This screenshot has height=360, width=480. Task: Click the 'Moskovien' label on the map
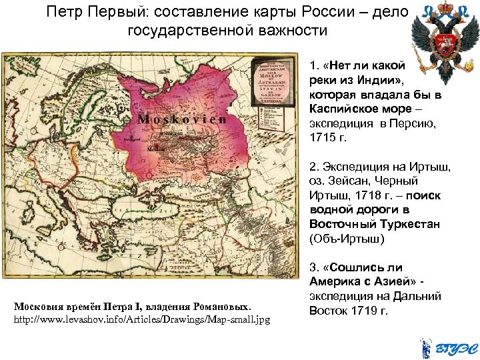[x=181, y=120]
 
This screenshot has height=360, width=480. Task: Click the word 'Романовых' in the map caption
[x=220, y=307]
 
